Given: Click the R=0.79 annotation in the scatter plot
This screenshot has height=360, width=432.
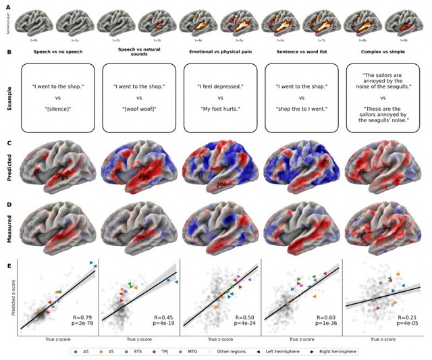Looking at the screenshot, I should (x=81, y=316).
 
